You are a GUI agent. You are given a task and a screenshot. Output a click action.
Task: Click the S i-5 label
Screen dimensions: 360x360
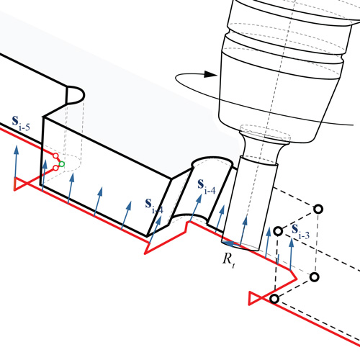(21, 123)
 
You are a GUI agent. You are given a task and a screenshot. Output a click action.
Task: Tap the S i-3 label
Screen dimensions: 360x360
(300, 232)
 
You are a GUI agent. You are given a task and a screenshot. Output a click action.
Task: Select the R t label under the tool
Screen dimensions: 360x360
(229, 260)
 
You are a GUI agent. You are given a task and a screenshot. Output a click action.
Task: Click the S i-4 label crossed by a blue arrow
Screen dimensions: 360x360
(154, 206)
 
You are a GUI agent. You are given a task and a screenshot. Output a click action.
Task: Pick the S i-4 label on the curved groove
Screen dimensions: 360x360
(207, 186)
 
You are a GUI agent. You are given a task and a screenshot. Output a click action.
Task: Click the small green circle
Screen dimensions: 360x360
(62, 164)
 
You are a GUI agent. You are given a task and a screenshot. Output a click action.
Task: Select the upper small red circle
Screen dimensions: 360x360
(55, 156)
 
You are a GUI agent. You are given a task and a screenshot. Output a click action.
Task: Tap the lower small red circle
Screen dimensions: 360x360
(55, 168)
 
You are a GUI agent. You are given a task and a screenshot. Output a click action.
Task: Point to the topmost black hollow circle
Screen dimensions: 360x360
(318, 210)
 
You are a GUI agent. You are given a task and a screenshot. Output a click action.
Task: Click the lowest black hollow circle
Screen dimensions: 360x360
(274, 299)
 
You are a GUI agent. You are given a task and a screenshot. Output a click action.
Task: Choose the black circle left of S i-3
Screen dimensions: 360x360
(278, 231)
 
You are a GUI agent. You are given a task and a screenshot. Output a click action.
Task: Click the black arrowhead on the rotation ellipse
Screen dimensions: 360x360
(210, 74)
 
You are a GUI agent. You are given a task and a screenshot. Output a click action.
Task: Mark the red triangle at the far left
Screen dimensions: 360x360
(20, 184)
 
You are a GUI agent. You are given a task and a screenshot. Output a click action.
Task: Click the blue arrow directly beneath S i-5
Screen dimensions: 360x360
(16, 162)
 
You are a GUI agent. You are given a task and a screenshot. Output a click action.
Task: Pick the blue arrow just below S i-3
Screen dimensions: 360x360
(291, 254)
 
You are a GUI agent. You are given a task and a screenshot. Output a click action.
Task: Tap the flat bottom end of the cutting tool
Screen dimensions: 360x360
(240, 246)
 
